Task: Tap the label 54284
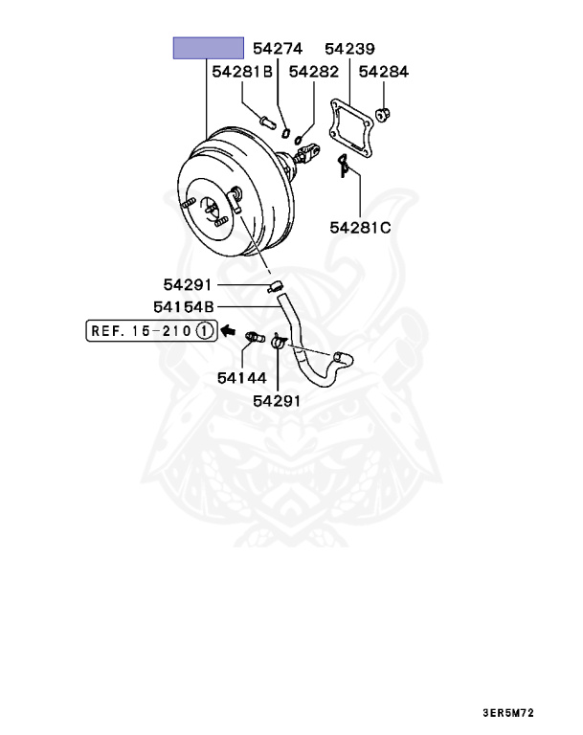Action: pos(383,72)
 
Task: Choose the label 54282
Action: pos(313,72)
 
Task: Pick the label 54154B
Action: pos(184,306)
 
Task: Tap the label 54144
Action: pos(241,378)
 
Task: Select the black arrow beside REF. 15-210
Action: pos(227,331)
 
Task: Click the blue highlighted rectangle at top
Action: pos(208,48)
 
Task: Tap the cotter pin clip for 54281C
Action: pos(344,166)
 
